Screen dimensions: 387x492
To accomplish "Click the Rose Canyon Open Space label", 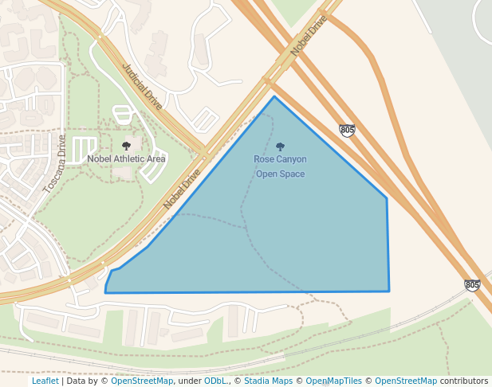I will (280, 166).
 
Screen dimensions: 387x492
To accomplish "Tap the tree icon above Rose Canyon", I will (280, 147).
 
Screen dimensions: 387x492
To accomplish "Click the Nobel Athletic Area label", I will (126, 158).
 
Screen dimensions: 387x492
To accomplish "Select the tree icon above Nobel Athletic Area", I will (126, 146).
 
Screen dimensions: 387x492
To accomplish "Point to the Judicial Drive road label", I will (143, 87).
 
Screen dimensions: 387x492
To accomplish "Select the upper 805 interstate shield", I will (347, 130).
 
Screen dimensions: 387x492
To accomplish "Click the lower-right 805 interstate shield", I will (472, 284).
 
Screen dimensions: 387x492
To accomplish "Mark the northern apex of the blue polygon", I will (274, 97).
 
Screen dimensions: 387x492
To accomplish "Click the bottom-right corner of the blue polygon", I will (389, 291).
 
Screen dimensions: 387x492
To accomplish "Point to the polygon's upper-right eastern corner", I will (387, 198).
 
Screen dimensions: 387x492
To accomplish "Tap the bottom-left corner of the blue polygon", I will (105, 292).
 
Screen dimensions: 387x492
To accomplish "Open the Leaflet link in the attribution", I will (45, 381).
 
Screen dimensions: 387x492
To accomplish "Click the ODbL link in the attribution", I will (215, 381).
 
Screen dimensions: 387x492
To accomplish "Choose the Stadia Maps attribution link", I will (267, 381).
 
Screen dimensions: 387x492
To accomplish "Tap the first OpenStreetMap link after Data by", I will (142, 381).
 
